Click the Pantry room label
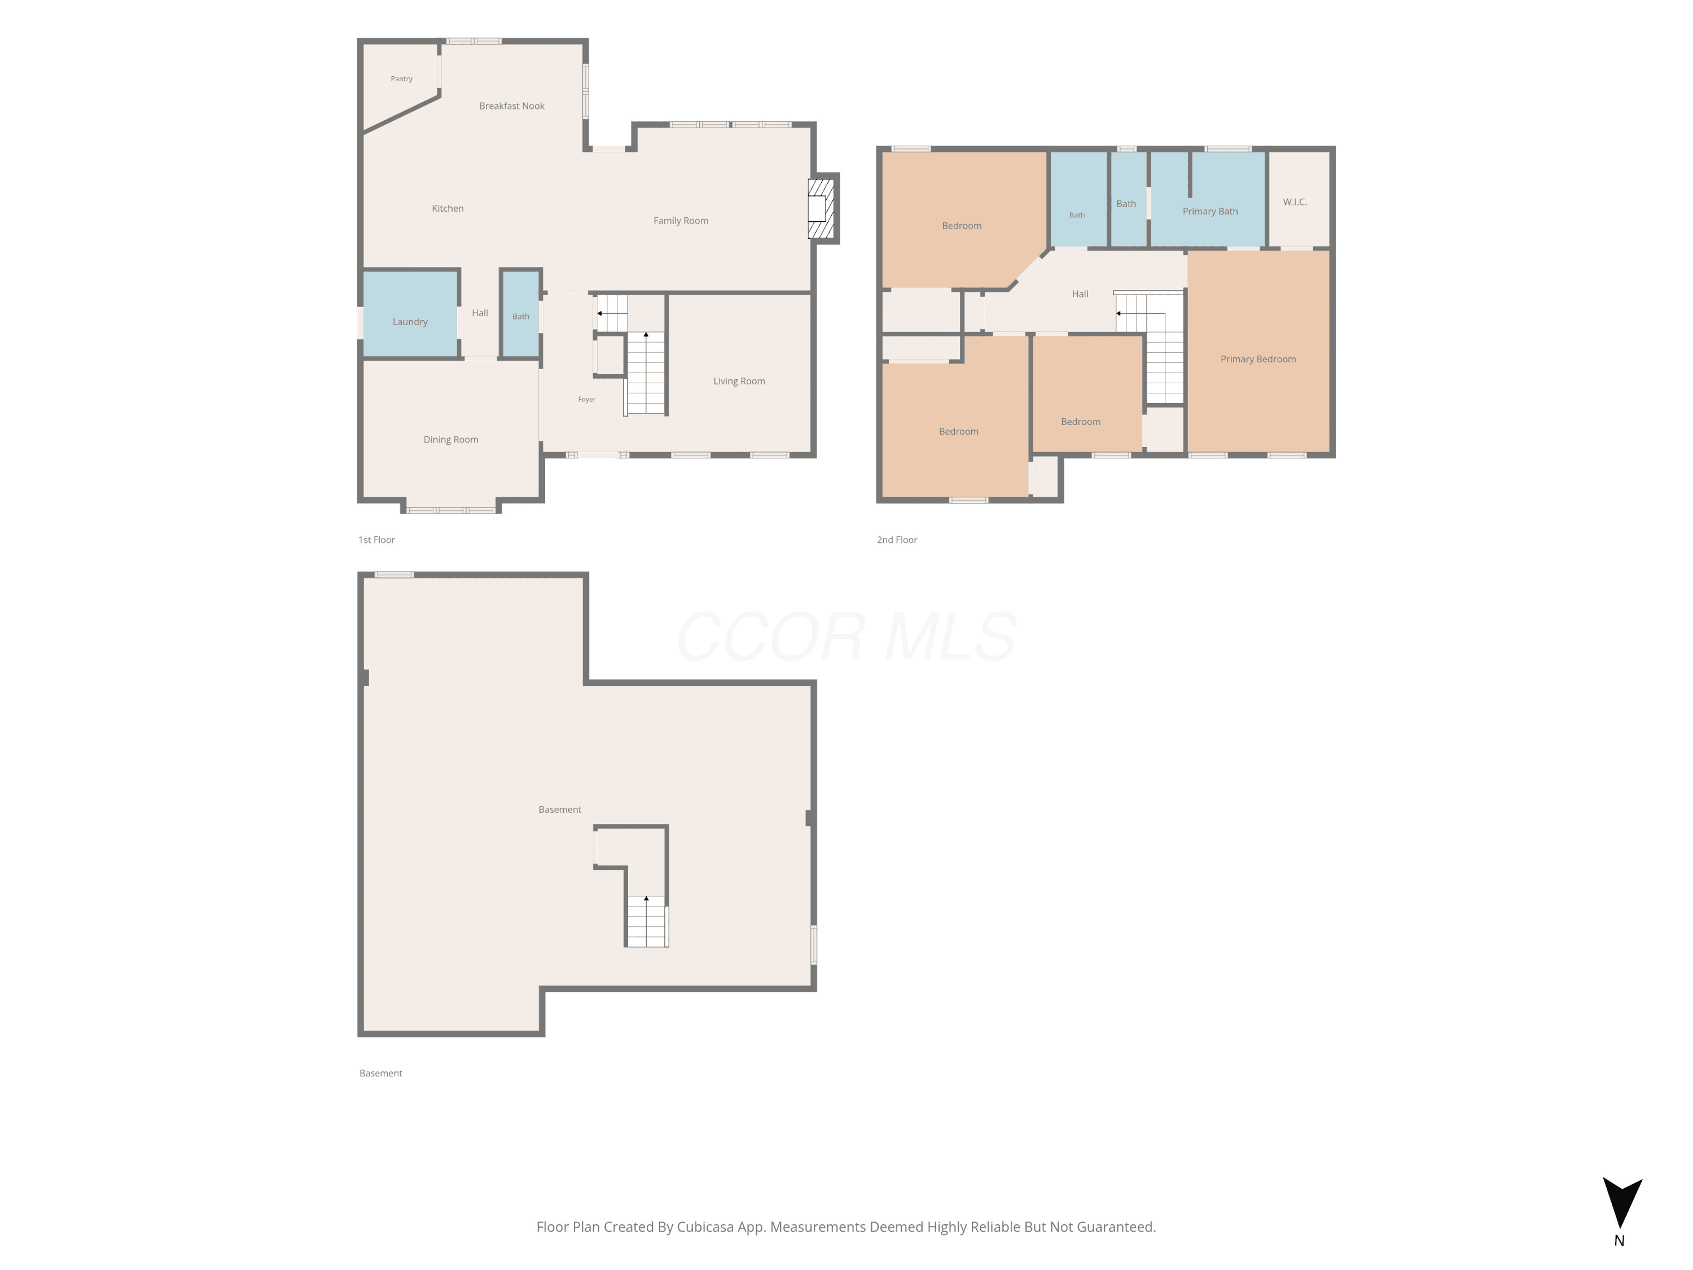tap(401, 79)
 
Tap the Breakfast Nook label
tap(511, 106)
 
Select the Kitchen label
tap(447, 208)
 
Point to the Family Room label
tap(681, 221)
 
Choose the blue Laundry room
tap(410, 313)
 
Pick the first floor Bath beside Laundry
tap(520, 313)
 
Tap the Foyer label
tap(586, 399)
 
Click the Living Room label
tap(739, 381)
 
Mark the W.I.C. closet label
tap(1294, 202)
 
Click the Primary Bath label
tap(1209, 211)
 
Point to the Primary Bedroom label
tap(1257, 359)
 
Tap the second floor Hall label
tap(1080, 294)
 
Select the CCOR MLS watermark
tap(846, 637)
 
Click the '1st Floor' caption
tap(376, 540)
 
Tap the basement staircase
tap(646, 921)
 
